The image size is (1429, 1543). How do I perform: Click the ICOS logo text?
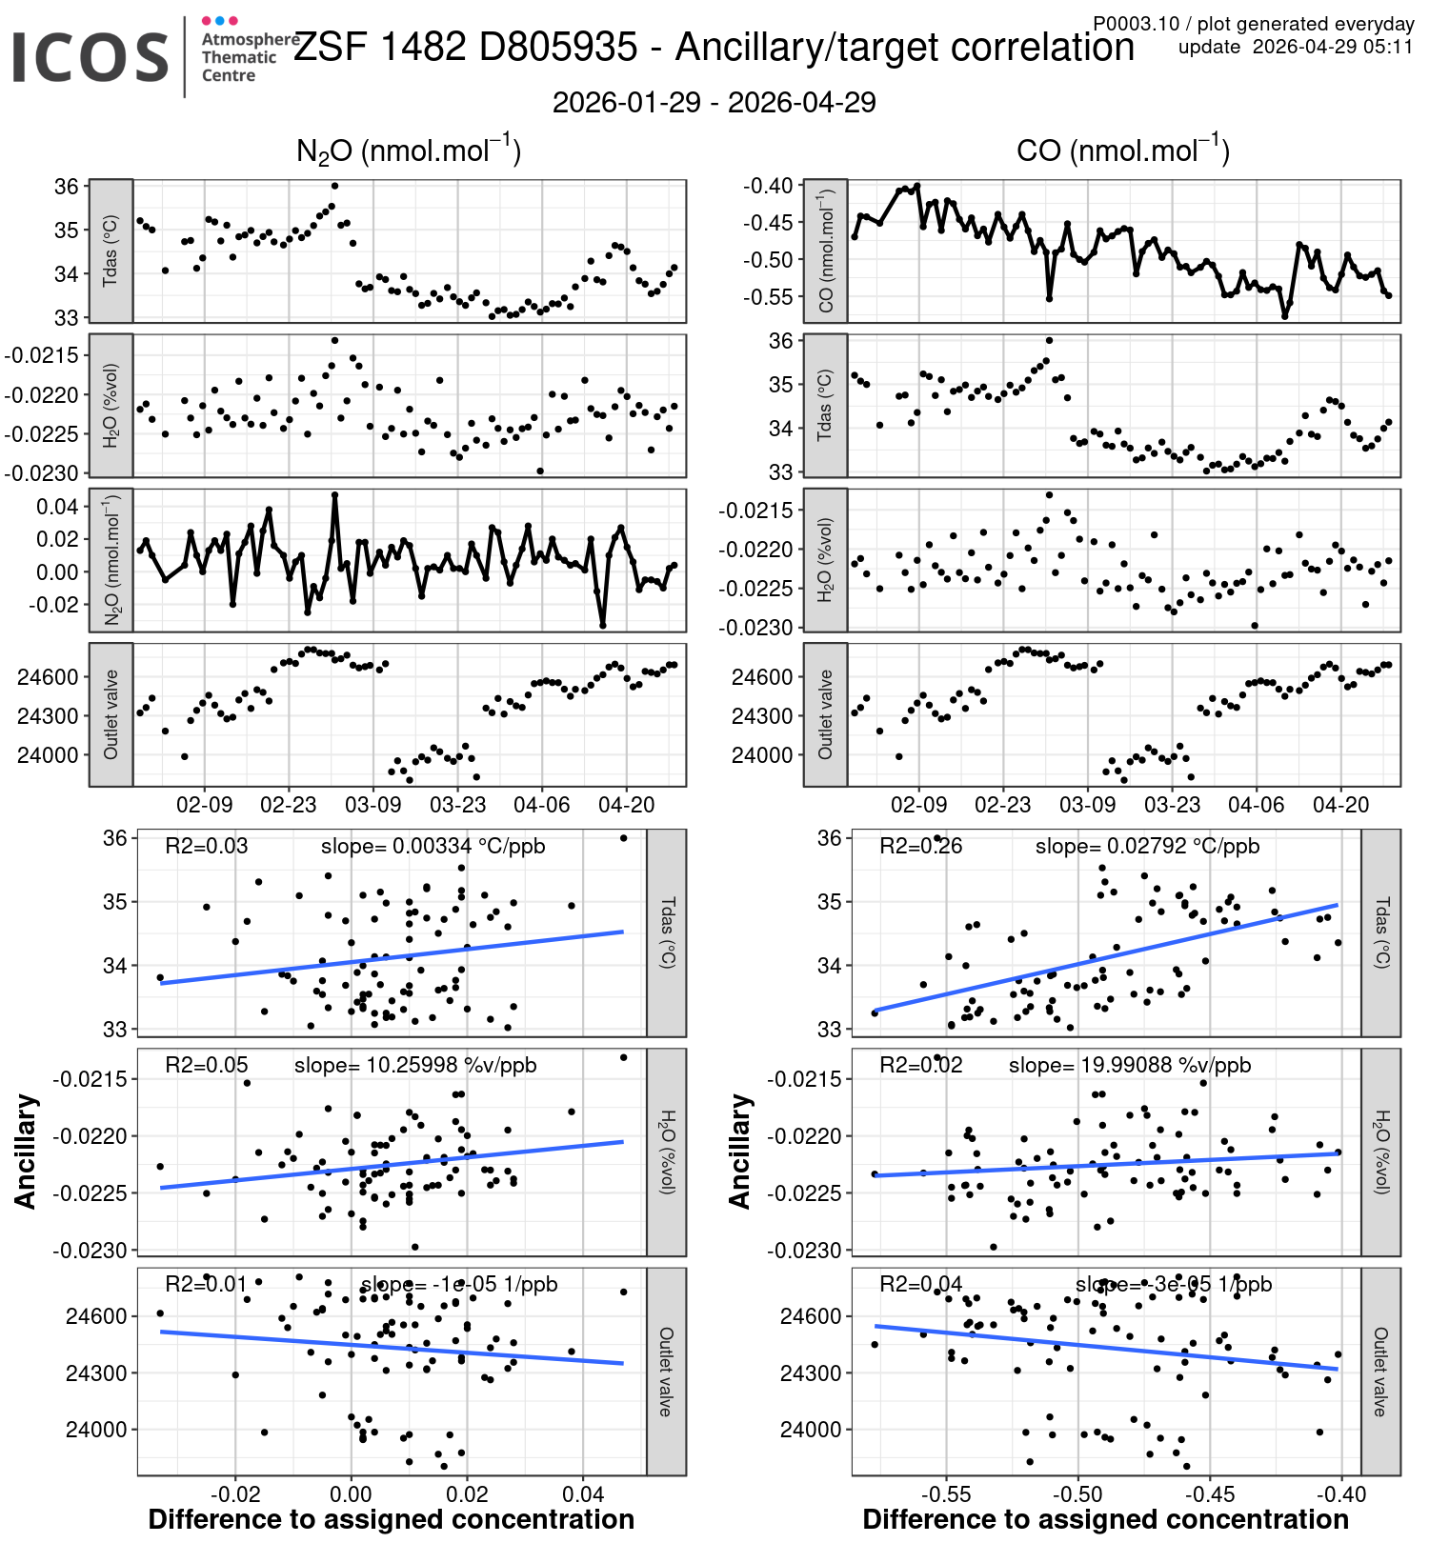pos(91,57)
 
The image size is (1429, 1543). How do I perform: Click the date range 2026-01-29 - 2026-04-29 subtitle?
pos(714,103)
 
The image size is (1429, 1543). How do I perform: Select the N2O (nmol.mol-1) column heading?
pos(409,150)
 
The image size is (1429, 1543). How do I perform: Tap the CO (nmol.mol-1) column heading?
pos(1123,150)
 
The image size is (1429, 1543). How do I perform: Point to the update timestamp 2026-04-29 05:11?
pos(1296,47)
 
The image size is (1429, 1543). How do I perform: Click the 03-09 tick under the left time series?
pos(372,805)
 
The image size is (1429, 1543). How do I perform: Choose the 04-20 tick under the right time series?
pos(1340,805)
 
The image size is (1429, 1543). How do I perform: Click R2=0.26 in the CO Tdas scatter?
pos(920,846)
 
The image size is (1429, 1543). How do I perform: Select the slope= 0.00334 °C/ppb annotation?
pos(433,846)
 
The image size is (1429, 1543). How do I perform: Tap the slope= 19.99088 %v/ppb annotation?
pos(1130,1065)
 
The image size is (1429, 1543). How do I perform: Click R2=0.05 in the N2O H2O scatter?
pos(206,1065)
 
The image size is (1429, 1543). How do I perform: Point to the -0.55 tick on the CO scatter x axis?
pos(946,1494)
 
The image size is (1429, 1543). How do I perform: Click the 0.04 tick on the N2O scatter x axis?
pos(583,1494)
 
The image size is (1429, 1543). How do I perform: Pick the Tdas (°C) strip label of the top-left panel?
pos(111,250)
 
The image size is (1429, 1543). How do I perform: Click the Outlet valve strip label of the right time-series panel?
pos(825,714)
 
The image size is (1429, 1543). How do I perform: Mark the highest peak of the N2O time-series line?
pos(334,495)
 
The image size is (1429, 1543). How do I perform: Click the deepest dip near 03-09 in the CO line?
pos(1049,298)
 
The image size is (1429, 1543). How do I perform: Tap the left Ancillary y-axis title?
pos(26,1152)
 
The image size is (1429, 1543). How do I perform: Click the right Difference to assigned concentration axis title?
pos(1105,1520)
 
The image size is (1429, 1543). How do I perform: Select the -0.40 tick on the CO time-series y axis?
pos(768,186)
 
